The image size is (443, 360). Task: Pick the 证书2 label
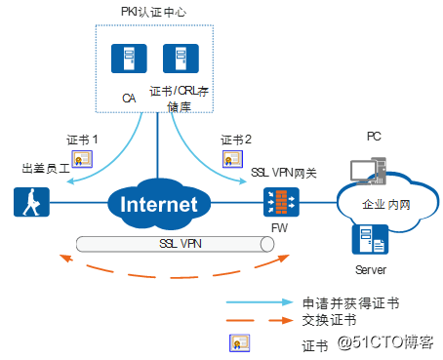coord(236,140)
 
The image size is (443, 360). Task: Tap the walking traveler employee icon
coord(26,203)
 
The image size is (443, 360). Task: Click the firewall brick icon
coord(278,204)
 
